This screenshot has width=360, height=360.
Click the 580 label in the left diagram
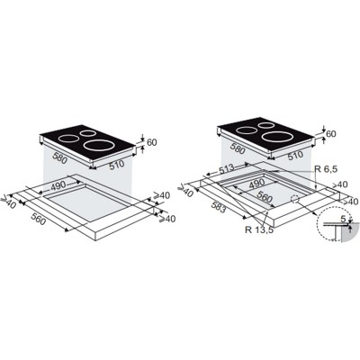point(60,157)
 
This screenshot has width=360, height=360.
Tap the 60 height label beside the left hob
point(152,142)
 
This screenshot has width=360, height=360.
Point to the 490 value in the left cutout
point(58,186)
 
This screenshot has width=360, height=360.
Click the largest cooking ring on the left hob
point(100,146)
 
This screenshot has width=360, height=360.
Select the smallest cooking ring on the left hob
point(88,133)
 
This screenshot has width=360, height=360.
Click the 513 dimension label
point(226,169)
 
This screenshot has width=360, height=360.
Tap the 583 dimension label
point(218,207)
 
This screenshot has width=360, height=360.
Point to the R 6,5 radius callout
point(326,169)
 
